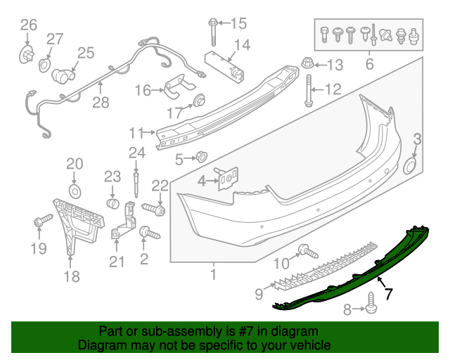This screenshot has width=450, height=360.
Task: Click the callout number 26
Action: [x=28, y=26]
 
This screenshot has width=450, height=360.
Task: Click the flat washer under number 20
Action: [x=75, y=191]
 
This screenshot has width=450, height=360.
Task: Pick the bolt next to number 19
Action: [x=39, y=222]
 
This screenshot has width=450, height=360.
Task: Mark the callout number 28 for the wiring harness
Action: [x=101, y=103]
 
